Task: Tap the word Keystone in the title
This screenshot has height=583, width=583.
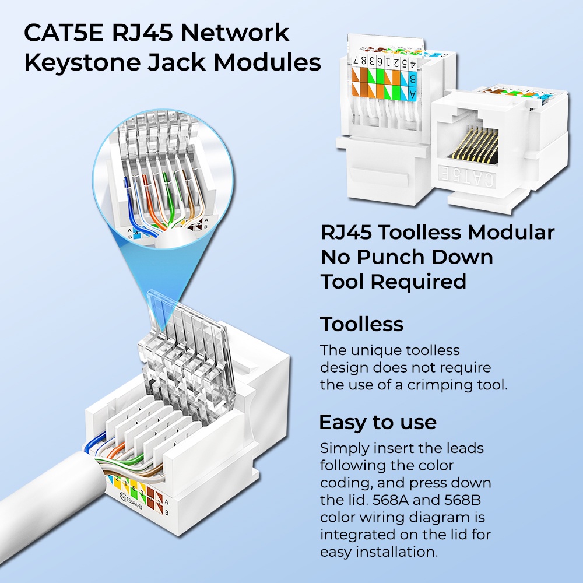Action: [82, 62]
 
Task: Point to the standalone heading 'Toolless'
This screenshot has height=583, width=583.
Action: [361, 324]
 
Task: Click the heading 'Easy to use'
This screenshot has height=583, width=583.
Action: [378, 422]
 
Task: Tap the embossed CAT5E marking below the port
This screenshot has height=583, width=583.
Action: [468, 177]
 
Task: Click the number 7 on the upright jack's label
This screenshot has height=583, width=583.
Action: [356, 60]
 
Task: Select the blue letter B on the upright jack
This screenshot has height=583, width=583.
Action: [412, 79]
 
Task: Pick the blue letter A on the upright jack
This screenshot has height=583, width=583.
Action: [413, 93]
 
